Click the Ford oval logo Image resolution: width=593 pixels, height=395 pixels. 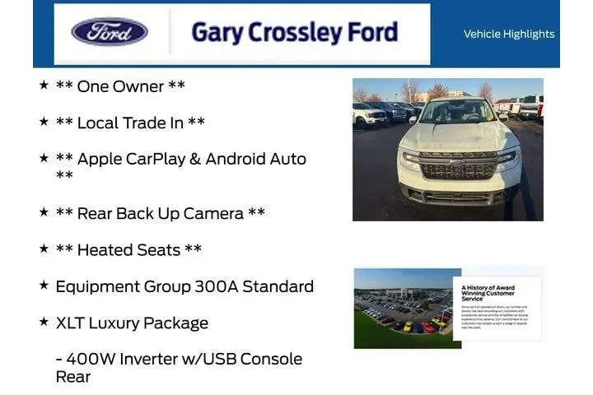click(110, 32)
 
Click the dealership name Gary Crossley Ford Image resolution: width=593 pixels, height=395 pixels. click(294, 32)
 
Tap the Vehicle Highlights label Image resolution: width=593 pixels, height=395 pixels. click(509, 34)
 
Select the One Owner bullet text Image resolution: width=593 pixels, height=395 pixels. click(120, 86)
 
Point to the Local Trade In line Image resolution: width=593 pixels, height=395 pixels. click(130, 123)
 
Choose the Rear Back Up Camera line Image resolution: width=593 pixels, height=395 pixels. click(160, 213)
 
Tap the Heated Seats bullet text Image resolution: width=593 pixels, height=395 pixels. click(128, 249)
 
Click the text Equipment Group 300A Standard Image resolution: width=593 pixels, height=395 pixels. click(184, 286)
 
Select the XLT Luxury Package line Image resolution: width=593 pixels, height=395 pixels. click(132, 323)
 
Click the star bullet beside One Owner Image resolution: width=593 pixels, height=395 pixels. click(44, 85)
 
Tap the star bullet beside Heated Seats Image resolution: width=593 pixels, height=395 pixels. click(44, 248)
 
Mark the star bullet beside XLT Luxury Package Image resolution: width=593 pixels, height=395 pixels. click(44, 321)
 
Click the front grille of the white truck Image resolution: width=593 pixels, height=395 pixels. click(458, 165)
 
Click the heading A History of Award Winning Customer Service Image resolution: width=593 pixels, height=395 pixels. click(488, 293)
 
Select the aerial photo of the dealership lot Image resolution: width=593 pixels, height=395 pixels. click(402, 309)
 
